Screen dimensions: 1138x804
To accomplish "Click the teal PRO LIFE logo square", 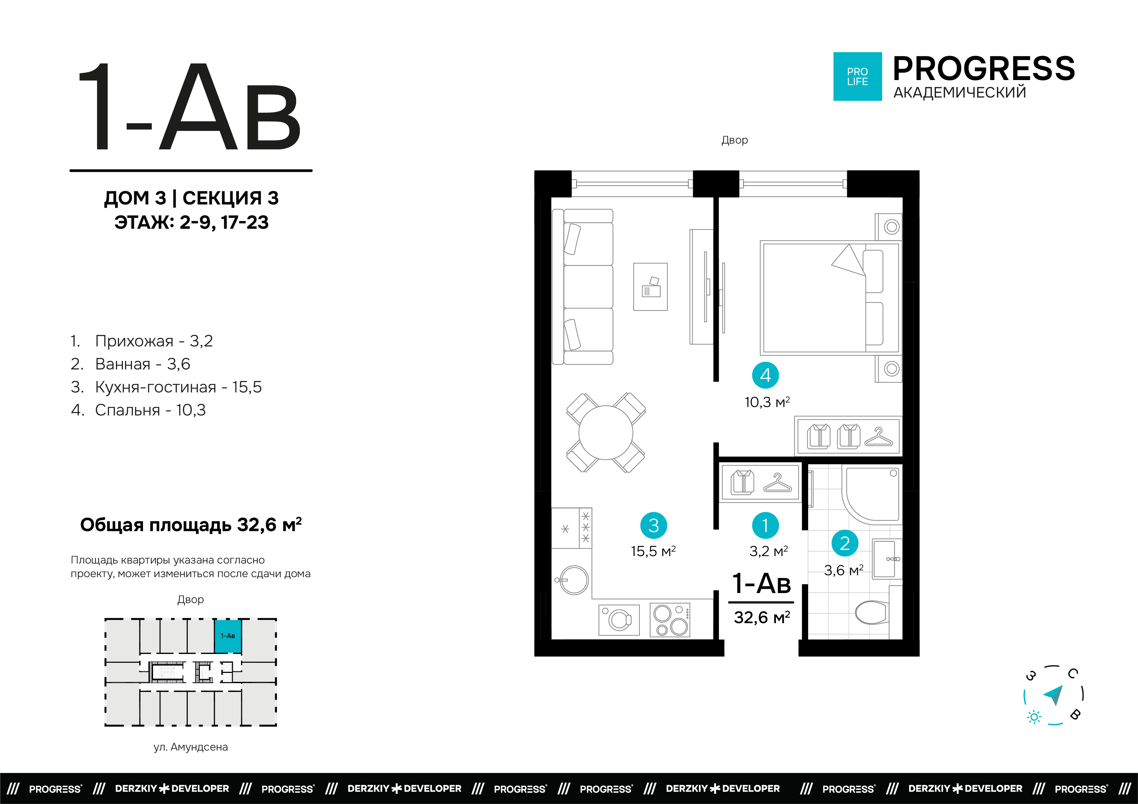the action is point(857,76).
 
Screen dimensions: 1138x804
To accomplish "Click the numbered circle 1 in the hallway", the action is point(765,525).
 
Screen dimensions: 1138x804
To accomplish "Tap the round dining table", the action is point(606,433).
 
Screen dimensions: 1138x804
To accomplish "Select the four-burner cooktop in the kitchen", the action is point(670,620).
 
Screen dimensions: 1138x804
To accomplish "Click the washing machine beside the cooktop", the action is point(619,619).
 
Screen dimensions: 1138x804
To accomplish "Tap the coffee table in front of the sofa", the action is point(650,287).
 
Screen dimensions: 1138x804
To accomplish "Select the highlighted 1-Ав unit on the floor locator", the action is point(228,636).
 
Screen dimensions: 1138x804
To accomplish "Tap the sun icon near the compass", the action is point(1034,717).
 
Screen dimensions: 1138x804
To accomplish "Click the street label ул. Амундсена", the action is point(191,747).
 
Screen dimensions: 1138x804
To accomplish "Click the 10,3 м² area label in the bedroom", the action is point(767,402).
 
